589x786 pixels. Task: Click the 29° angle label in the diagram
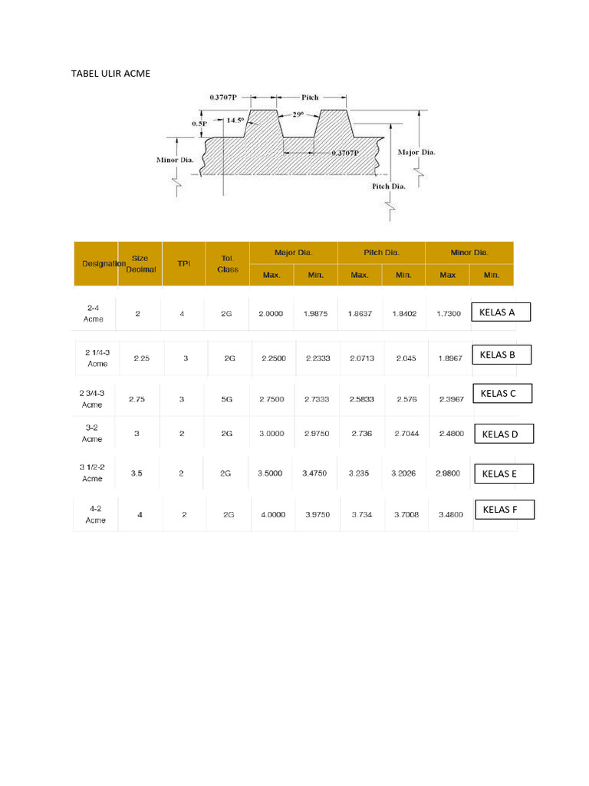[x=298, y=114]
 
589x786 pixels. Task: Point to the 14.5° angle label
[x=235, y=121]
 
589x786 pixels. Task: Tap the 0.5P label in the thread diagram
[x=199, y=123]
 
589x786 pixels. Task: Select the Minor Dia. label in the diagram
[x=175, y=160]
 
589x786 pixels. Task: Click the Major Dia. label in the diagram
[x=416, y=152]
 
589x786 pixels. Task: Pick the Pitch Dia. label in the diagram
[x=388, y=186]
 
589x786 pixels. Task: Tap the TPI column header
[x=184, y=263]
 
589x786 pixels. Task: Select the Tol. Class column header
[x=228, y=263]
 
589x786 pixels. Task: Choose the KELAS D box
[x=503, y=434]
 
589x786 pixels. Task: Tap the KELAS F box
[x=505, y=510]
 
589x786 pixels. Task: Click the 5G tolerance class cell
[x=227, y=399]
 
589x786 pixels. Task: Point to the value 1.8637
[x=360, y=314]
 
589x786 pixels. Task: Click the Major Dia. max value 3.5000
[x=271, y=474]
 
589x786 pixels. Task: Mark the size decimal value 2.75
[x=137, y=399]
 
